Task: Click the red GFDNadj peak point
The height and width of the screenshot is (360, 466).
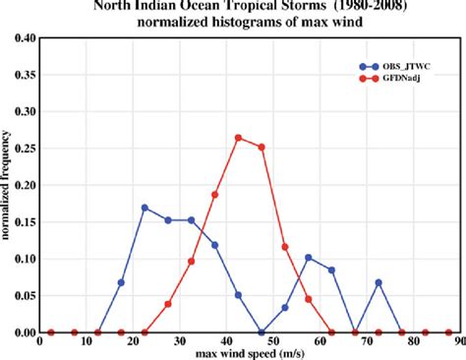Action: pos(238,137)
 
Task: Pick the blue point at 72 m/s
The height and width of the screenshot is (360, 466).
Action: pos(378,282)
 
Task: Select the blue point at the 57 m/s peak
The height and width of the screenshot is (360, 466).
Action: pos(308,257)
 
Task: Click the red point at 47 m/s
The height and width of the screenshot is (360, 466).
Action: pos(262,147)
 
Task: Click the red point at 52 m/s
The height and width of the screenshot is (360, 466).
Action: pos(284,247)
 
